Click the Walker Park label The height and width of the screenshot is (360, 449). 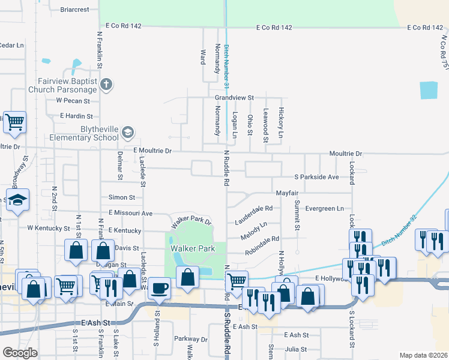192,248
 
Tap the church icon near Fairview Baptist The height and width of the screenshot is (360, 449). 106,83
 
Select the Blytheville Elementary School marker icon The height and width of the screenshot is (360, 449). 127,132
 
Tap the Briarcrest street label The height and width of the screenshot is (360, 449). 75,10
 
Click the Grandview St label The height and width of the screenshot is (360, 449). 235,97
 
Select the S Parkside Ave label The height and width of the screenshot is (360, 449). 316,178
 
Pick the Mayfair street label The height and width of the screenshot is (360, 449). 287,193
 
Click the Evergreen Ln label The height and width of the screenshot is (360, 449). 324,208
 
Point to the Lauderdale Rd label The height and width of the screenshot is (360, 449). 254,215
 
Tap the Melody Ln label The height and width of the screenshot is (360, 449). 254,230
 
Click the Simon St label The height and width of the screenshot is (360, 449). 122,197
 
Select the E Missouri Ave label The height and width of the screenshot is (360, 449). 130,213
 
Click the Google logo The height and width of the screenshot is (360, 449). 20,353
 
